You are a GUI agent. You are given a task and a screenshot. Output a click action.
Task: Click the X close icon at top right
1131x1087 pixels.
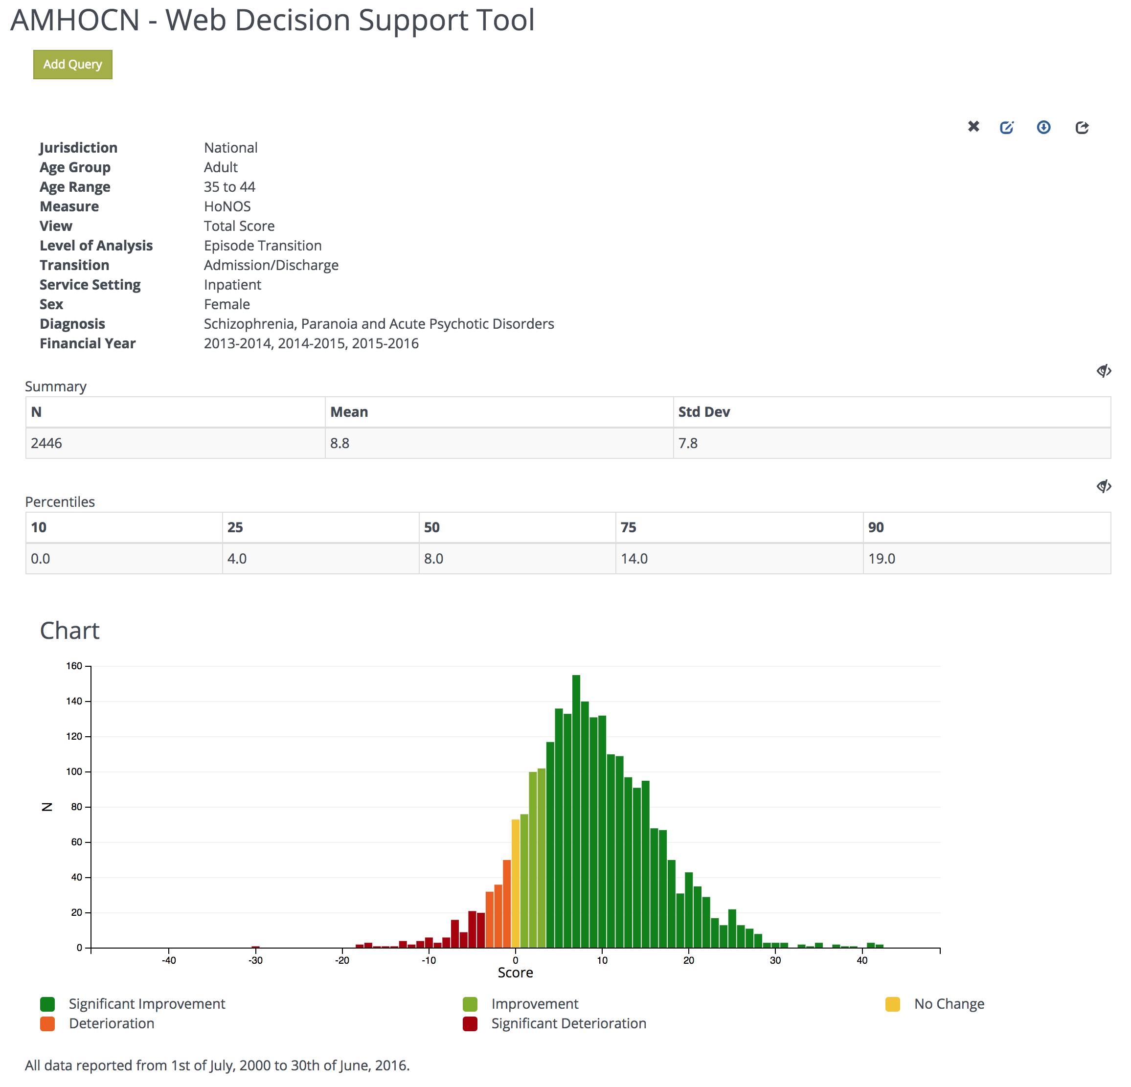point(973,126)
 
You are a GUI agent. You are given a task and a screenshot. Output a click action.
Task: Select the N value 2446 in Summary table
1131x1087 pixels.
point(46,443)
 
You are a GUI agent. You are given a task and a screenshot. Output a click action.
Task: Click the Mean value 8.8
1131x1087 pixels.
point(339,443)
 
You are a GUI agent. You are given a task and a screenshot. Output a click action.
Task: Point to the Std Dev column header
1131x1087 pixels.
point(704,412)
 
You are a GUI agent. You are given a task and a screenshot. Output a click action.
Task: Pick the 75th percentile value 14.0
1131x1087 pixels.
point(634,559)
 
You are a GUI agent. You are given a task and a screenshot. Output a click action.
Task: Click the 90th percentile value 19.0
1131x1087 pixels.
point(882,559)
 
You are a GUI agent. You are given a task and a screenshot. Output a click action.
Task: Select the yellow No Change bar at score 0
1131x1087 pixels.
point(515,883)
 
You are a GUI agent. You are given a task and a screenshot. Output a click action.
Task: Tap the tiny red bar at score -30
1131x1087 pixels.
point(256,947)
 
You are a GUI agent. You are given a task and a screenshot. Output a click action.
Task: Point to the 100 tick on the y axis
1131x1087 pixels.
point(74,771)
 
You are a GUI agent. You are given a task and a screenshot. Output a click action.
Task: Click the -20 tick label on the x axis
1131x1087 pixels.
point(342,960)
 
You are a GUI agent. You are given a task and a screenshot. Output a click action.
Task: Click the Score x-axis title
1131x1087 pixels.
point(515,973)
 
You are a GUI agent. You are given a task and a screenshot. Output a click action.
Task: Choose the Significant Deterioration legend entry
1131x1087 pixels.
point(568,1023)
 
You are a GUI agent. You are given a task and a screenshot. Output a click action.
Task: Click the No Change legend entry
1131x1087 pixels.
point(949,1004)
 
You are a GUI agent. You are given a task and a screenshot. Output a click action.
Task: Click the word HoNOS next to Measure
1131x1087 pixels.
point(227,206)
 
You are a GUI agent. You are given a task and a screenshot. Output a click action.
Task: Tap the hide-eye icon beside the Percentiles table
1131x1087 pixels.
point(1103,486)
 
